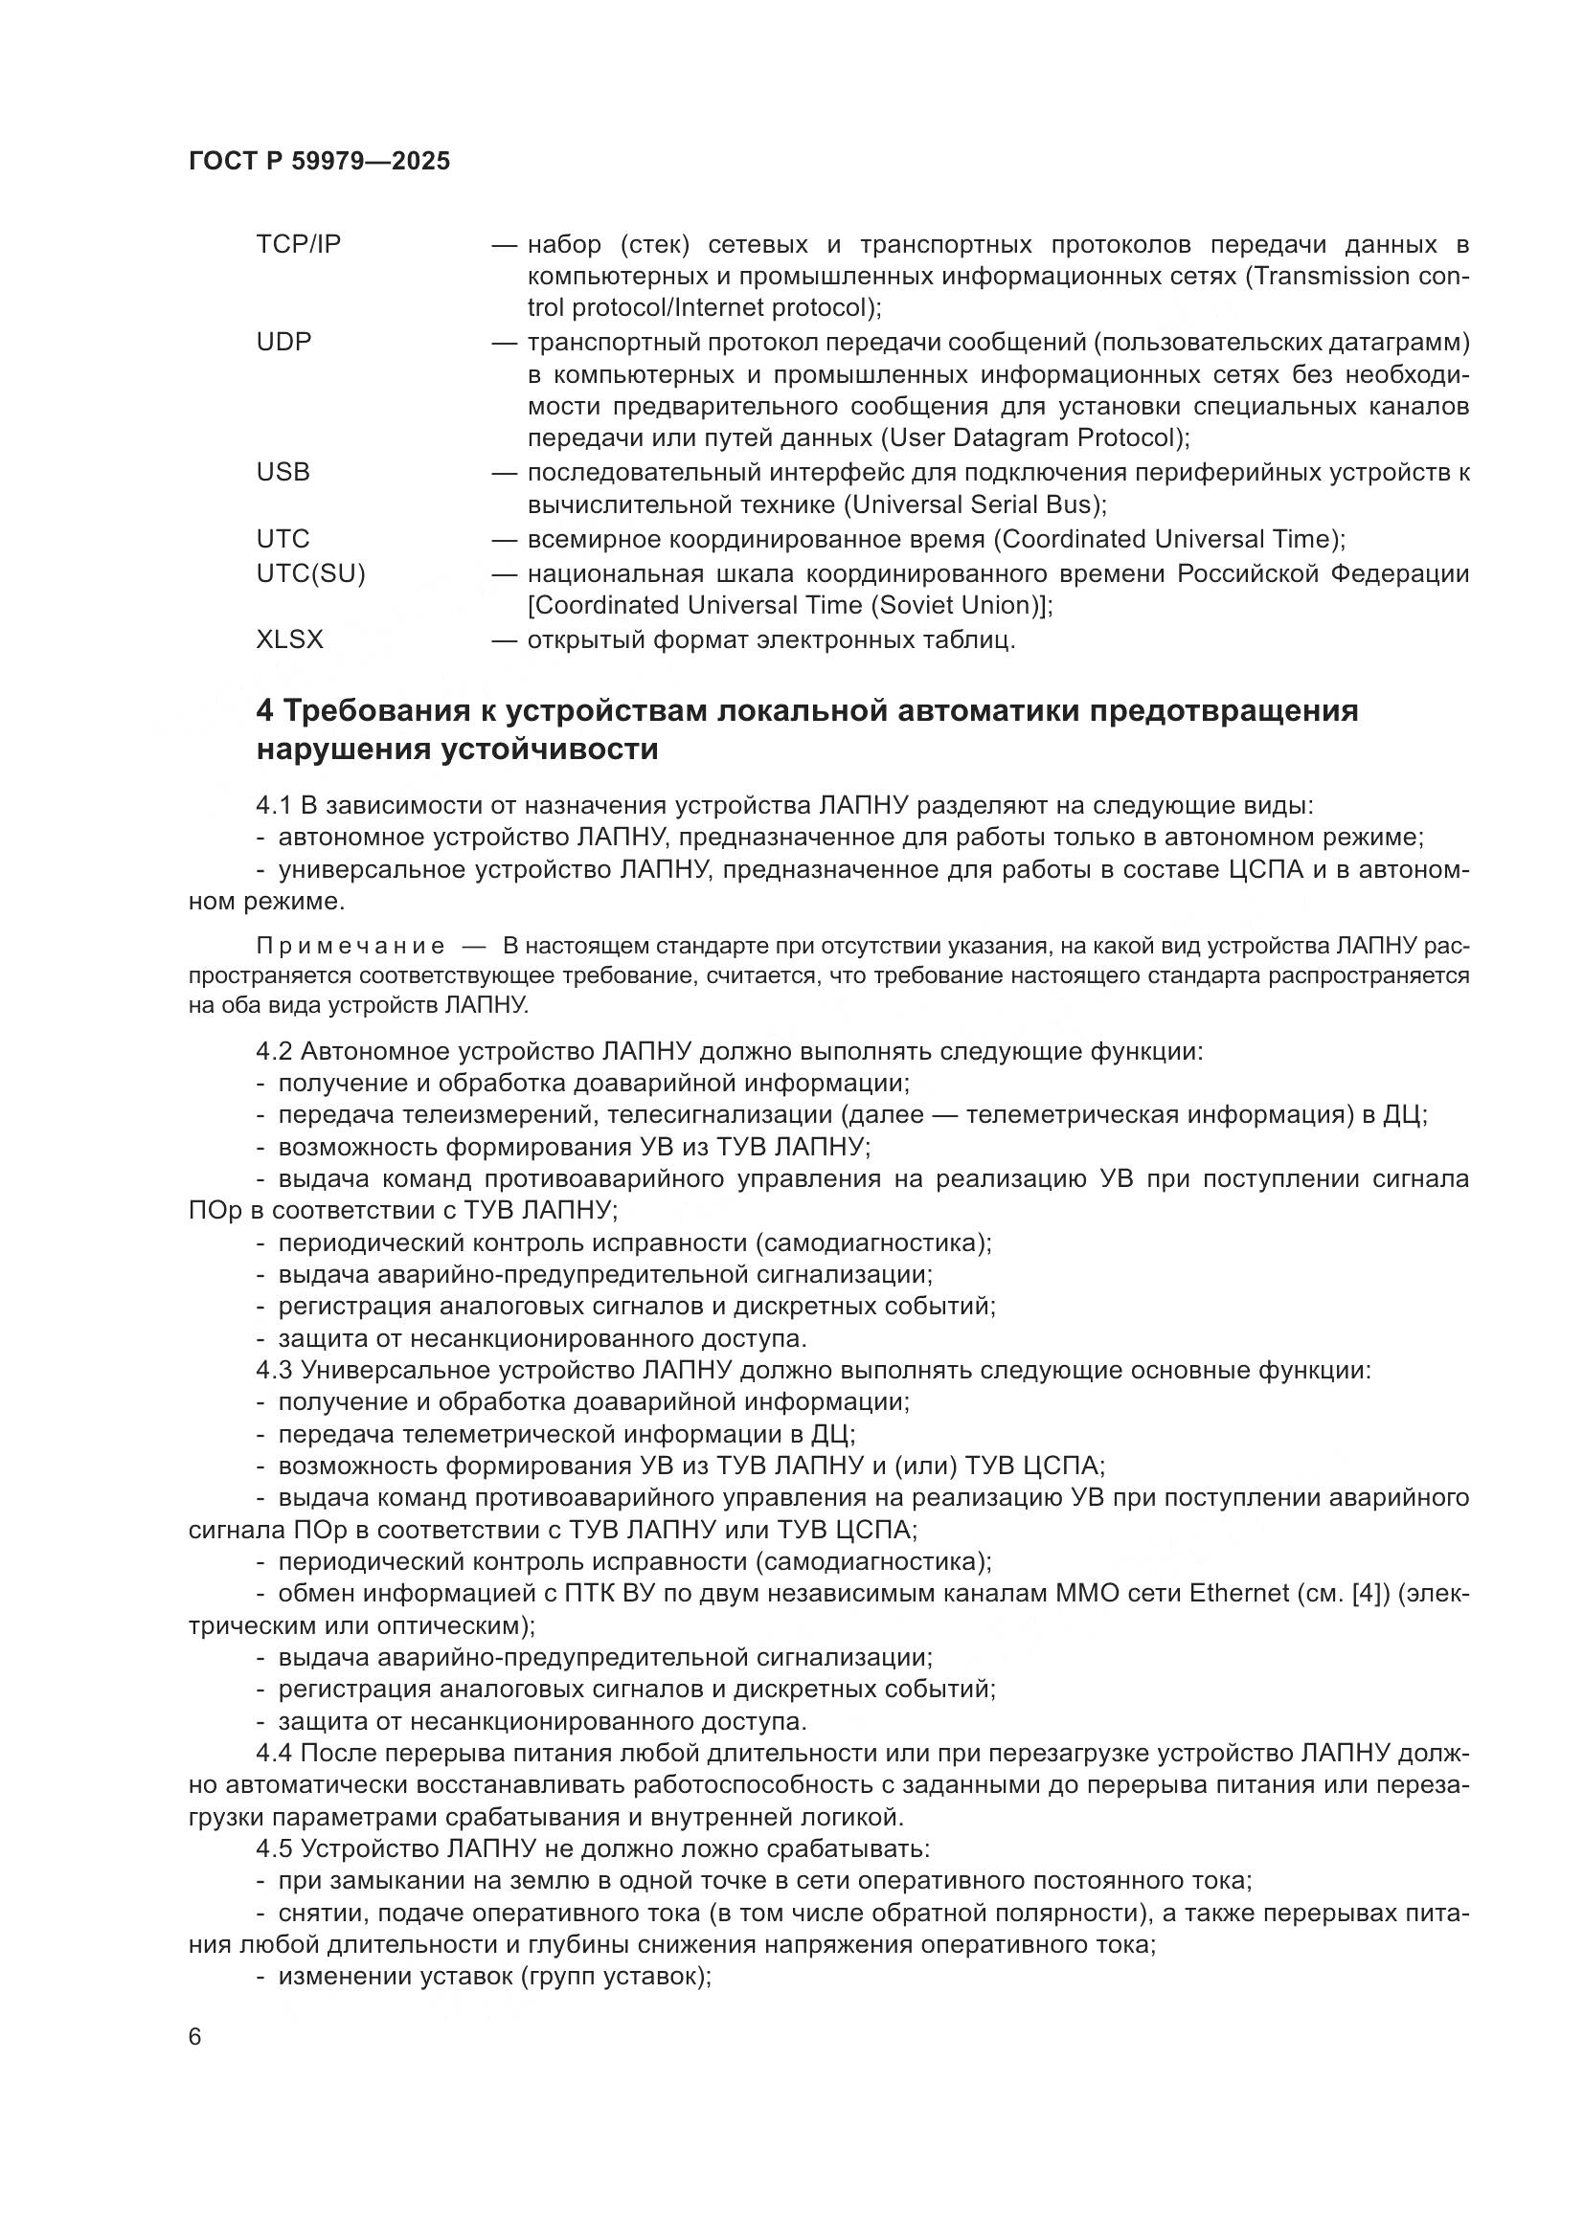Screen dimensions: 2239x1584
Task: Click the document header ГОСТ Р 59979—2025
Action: coord(319,162)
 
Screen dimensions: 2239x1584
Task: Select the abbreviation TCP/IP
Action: coord(299,244)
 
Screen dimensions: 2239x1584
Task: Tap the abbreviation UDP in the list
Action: coord(283,343)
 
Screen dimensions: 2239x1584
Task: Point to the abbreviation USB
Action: coord(283,472)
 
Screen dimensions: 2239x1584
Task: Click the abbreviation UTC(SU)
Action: coord(310,573)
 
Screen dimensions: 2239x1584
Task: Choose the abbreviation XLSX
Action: coord(289,639)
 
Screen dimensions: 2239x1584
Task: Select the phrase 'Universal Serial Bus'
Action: coord(974,505)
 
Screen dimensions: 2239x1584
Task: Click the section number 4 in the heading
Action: coord(264,711)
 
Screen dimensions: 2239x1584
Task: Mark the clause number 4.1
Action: coord(274,805)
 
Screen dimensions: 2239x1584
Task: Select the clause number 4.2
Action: coord(274,1051)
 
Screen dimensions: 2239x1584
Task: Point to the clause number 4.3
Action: coord(274,1370)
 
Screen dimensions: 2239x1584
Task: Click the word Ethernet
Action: coord(1238,1593)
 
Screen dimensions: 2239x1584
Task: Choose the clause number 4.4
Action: coord(274,1754)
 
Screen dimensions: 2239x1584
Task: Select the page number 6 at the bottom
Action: coord(195,2037)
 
